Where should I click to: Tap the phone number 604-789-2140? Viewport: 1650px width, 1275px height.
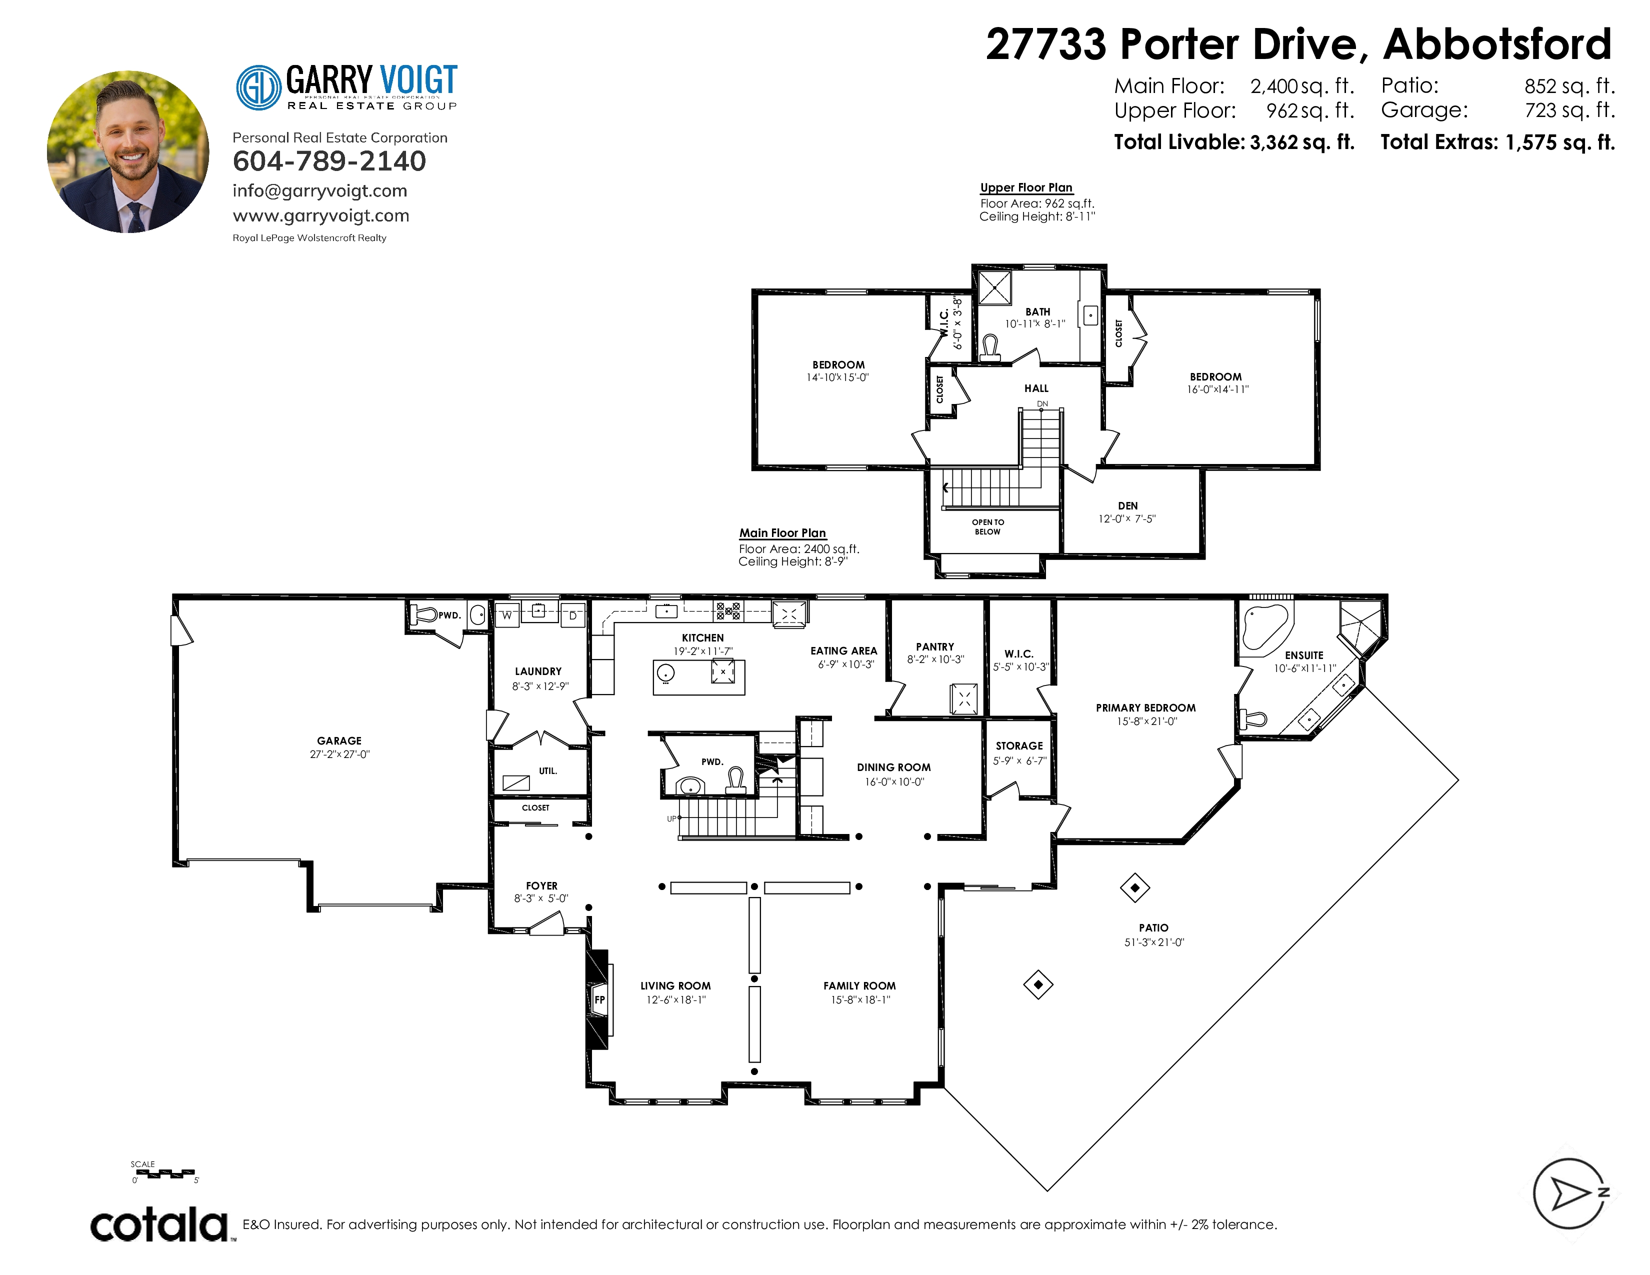[329, 161]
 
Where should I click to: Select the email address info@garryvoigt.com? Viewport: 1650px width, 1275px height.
[319, 190]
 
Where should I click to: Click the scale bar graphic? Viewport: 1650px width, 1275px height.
[164, 1173]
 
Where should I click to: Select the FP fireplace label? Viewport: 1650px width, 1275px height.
[600, 999]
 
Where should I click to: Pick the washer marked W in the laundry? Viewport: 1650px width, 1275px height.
[507, 615]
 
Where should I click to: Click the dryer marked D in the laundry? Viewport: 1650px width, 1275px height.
[572, 615]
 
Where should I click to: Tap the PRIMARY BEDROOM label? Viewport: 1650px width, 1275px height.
[1146, 707]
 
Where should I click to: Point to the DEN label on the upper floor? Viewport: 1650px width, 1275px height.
[1128, 506]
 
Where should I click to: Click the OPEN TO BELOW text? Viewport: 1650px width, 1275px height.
[988, 526]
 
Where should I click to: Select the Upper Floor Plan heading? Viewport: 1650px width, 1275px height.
[1026, 187]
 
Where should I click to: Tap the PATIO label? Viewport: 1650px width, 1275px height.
[1153, 927]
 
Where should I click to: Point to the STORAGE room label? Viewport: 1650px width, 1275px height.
[1019, 745]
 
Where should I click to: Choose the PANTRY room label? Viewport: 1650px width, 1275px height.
[935, 646]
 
